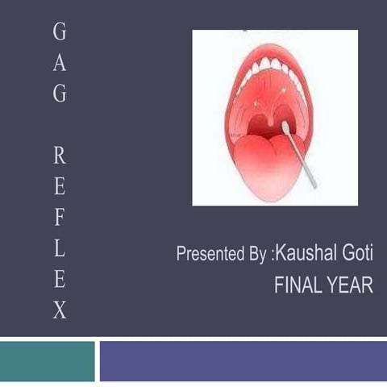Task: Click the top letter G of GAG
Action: tap(60, 32)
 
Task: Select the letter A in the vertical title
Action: tap(60, 63)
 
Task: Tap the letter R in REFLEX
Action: tap(60, 156)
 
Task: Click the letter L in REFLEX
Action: tap(60, 249)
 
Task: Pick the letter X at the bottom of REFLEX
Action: tap(60, 310)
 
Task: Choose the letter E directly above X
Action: tap(60, 280)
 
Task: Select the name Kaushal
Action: tap(306, 255)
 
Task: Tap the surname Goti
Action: tap(356, 255)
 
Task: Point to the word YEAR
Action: tap(352, 285)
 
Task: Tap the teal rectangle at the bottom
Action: tap(47, 361)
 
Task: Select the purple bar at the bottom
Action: tap(243, 361)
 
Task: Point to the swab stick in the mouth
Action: tap(300, 157)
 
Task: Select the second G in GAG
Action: tap(60, 94)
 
